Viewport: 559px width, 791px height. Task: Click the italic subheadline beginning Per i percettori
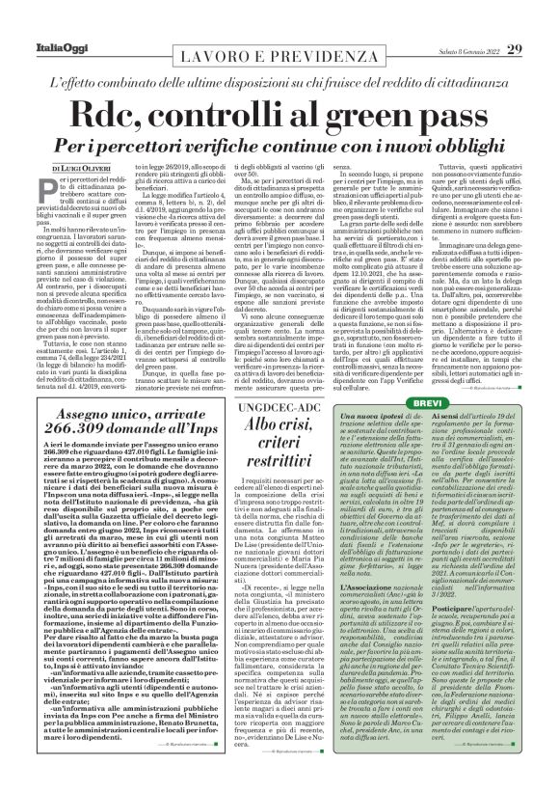click(279, 141)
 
